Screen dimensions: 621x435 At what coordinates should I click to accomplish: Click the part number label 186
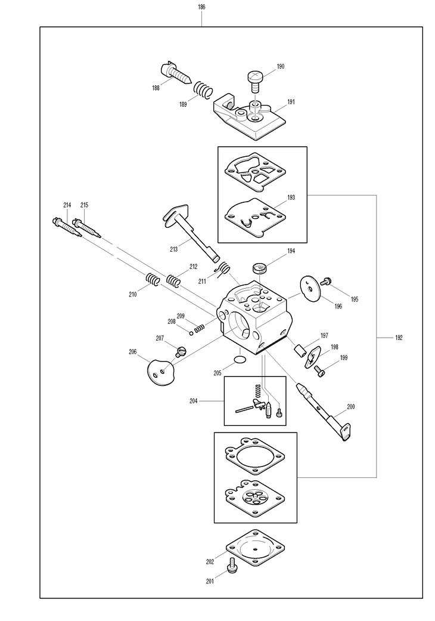tap(201, 7)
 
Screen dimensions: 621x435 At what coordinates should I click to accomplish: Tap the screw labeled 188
tap(175, 72)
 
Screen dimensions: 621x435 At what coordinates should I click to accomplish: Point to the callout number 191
tap(291, 102)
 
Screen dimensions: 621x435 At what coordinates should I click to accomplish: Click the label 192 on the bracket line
tap(399, 338)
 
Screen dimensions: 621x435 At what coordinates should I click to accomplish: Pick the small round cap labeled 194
tap(260, 267)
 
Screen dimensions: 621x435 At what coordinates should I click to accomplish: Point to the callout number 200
tap(350, 407)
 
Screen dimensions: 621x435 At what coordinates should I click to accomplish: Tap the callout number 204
tap(194, 401)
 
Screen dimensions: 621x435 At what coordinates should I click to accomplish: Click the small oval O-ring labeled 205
tap(239, 359)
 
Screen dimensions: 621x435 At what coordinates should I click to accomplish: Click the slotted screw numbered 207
tap(181, 351)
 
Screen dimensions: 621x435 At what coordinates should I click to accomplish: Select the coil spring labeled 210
tap(153, 279)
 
